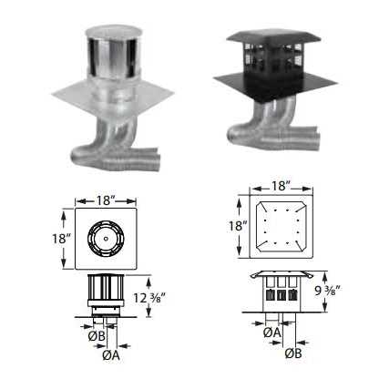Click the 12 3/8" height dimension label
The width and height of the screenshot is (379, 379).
click(x=149, y=298)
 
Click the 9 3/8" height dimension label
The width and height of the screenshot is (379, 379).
click(x=326, y=291)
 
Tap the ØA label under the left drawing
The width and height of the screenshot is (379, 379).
click(x=111, y=355)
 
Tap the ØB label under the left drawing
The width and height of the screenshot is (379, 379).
click(x=97, y=336)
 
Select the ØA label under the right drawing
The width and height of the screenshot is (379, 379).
click(x=272, y=333)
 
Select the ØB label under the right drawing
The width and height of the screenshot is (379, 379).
click(x=293, y=353)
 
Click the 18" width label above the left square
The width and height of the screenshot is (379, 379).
click(x=106, y=200)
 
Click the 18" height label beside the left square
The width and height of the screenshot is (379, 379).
click(x=61, y=239)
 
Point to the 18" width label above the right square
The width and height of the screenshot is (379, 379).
click(x=281, y=186)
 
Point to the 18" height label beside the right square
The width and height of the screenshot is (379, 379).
click(x=238, y=226)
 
